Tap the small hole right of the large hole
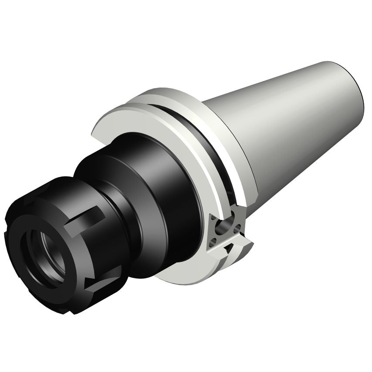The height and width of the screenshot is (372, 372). coord(237,227)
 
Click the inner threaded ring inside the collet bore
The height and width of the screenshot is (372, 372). coord(48,253)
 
